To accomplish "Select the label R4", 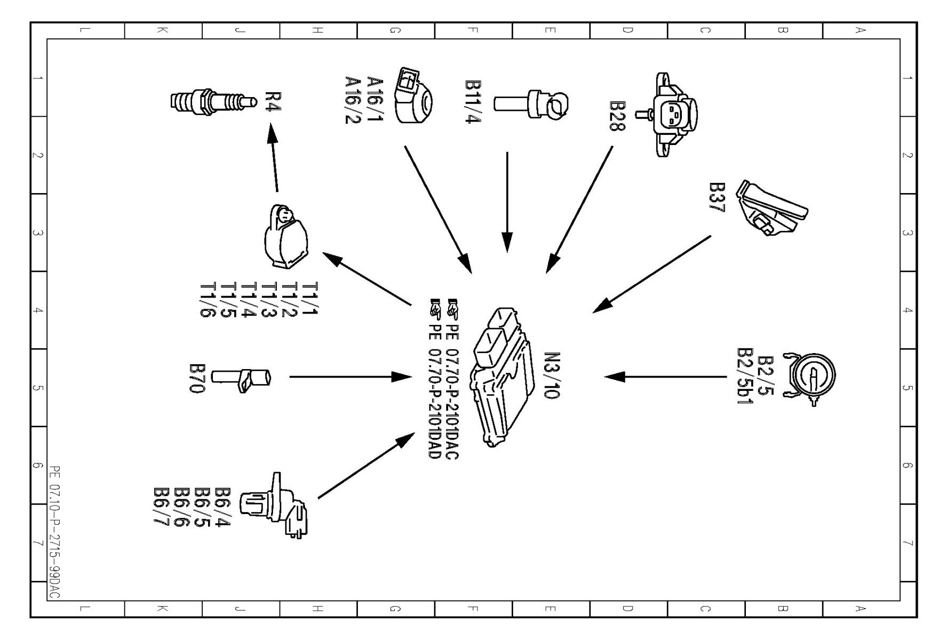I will click(273, 101).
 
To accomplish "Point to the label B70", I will click(197, 378).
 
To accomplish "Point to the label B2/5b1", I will click(744, 376).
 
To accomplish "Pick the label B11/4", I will click(473, 102).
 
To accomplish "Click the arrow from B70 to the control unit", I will click(349, 377).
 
